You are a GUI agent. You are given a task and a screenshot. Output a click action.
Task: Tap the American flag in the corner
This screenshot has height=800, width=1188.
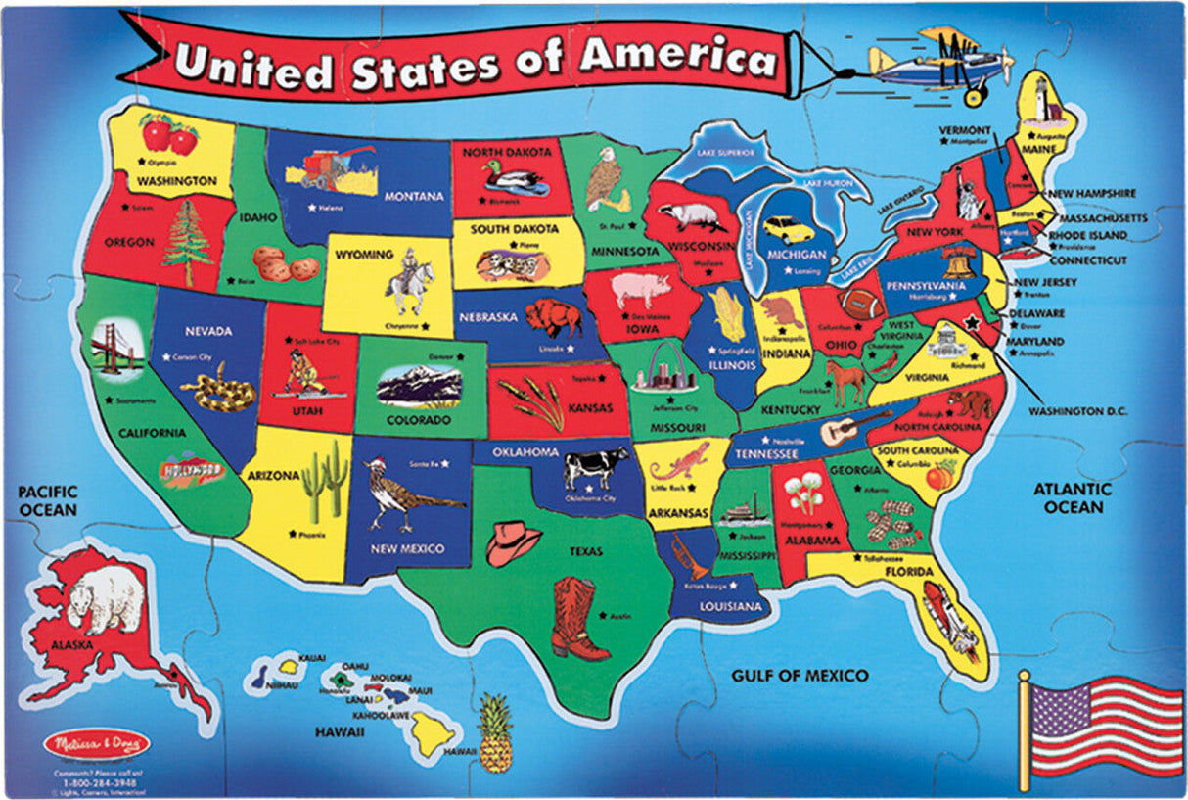click(1102, 725)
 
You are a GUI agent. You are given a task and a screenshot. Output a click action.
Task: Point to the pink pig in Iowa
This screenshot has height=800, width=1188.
click(642, 289)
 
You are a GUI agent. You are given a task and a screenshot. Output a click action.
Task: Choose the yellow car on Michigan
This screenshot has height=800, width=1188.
click(789, 230)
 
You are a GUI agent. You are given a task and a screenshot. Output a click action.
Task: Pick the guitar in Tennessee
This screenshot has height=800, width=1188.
click(855, 427)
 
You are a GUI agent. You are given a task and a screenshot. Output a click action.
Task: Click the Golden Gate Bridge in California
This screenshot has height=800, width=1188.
click(116, 347)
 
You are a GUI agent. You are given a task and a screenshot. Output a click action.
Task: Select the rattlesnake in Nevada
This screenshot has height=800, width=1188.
click(218, 389)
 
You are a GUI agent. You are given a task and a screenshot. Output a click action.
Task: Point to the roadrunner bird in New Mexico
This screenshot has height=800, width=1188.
click(406, 495)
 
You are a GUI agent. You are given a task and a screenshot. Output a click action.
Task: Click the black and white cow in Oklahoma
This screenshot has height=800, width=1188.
click(596, 467)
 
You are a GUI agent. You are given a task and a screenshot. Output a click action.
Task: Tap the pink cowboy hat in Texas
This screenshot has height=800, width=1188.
click(513, 542)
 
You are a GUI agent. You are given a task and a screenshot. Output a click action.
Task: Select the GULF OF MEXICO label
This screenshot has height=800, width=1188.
click(800, 676)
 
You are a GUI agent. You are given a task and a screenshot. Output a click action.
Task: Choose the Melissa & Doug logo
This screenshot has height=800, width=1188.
click(97, 744)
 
